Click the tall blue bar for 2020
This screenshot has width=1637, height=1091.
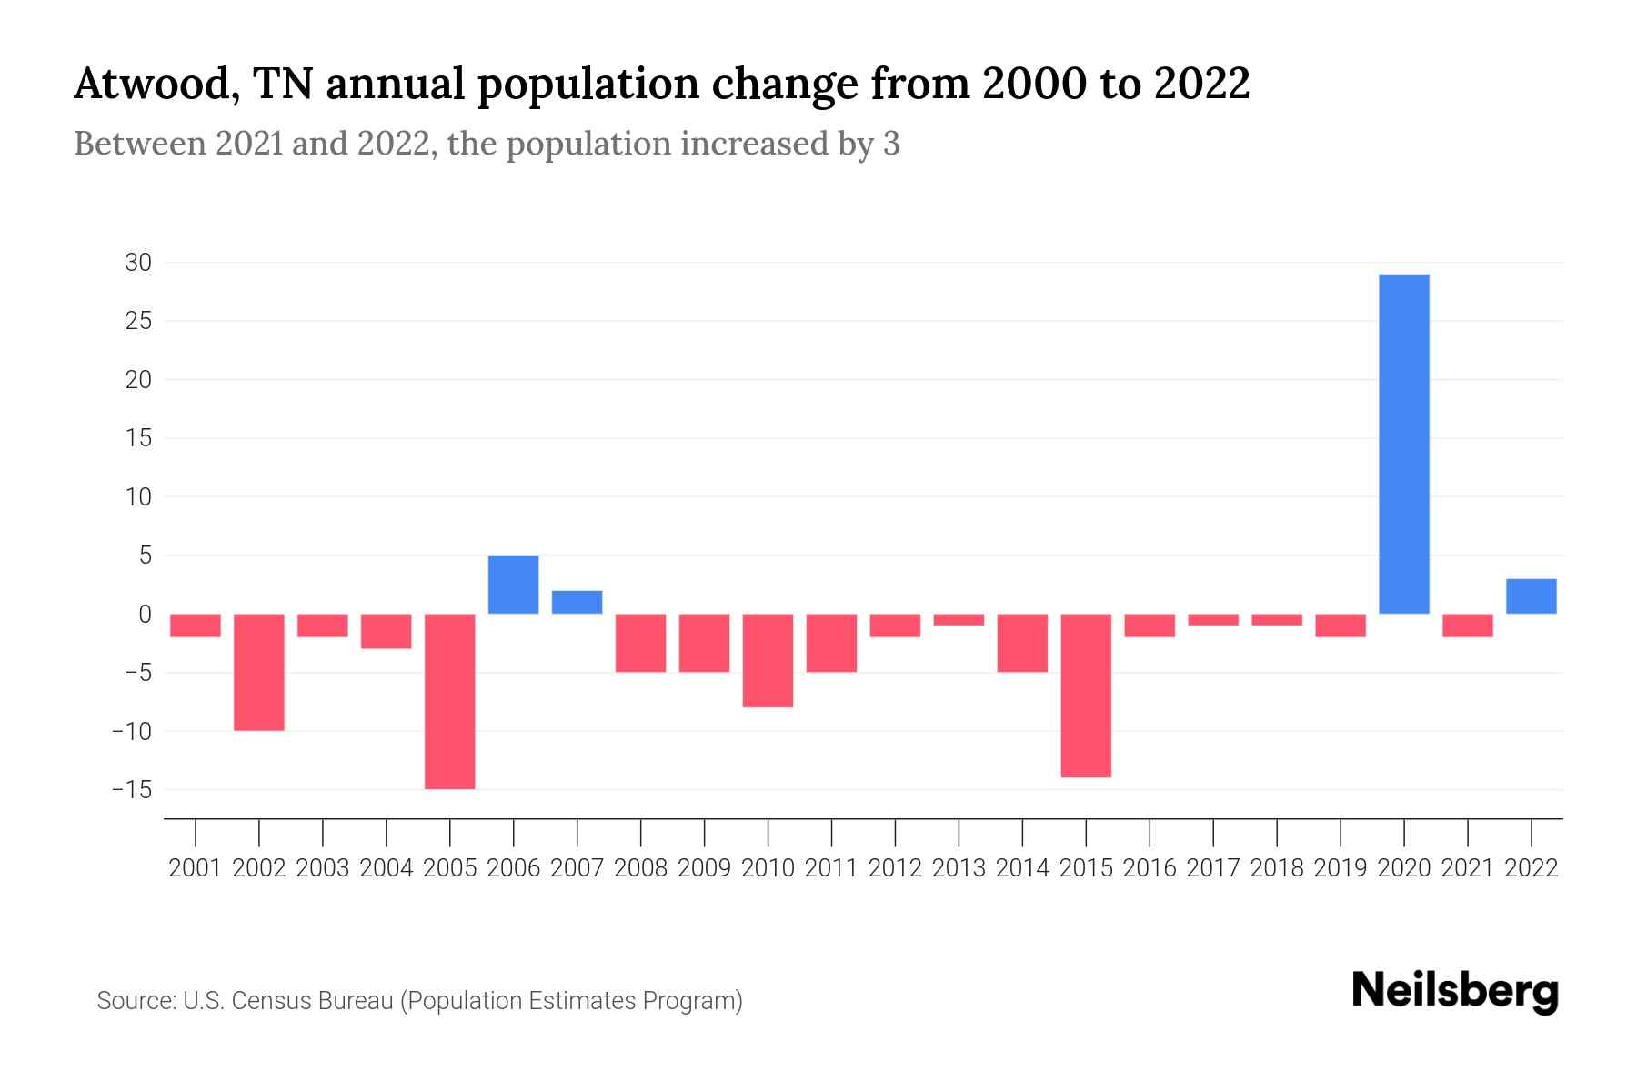[x=1404, y=444]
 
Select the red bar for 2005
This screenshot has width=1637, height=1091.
[x=450, y=701]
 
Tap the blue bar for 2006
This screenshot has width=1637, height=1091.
[x=514, y=585]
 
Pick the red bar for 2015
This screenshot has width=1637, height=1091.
[x=1086, y=696]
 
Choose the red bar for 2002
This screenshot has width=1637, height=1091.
[x=259, y=672]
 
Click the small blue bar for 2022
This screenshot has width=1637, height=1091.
[x=1532, y=596]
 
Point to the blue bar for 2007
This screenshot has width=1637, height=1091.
[x=577, y=602]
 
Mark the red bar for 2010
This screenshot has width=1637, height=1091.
[x=768, y=660]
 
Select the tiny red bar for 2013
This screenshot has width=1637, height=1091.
[x=959, y=619]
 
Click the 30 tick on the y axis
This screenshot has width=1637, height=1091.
[x=138, y=263]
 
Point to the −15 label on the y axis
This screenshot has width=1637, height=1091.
[x=132, y=789]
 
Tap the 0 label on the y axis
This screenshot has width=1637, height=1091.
[x=145, y=615]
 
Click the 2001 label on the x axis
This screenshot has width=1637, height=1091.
[x=196, y=868]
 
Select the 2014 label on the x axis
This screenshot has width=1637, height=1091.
[x=1022, y=868]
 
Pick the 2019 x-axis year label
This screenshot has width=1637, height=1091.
[x=1341, y=868]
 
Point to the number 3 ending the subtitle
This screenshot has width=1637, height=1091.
[x=891, y=144]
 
